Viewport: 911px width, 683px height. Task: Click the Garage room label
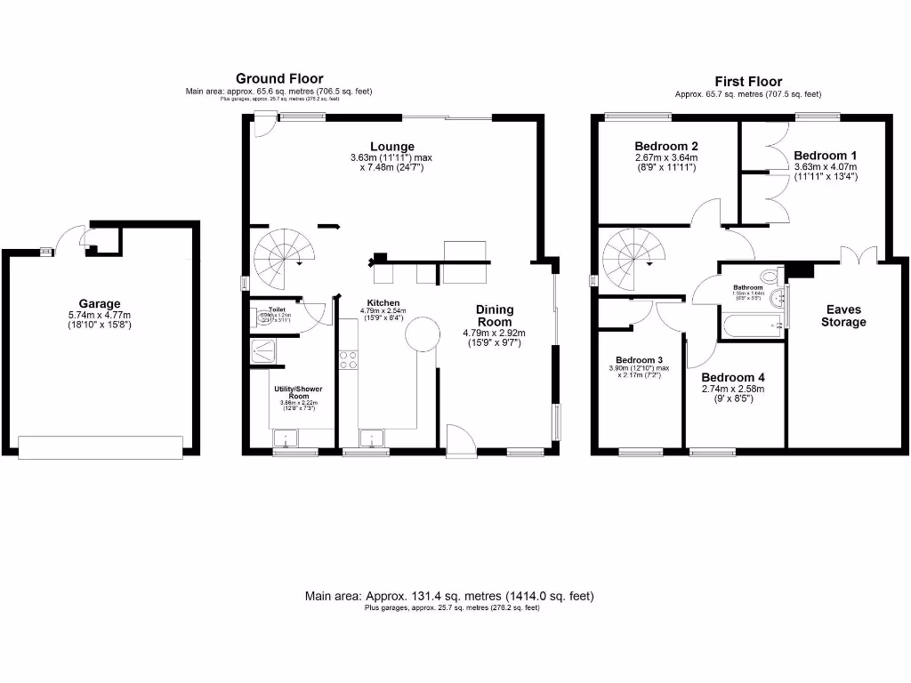click(100, 303)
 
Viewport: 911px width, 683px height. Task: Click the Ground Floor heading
click(279, 79)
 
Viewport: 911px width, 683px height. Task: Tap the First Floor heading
click(747, 80)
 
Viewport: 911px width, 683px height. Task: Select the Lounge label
click(392, 147)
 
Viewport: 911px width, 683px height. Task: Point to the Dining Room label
click(495, 316)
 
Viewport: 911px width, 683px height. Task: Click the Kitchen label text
click(383, 302)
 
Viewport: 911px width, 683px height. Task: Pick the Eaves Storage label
click(842, 316)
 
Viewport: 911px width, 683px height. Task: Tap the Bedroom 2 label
click(665, 147)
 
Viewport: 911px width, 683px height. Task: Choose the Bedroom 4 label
click(732, 376)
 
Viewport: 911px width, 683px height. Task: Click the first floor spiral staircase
click(632, 256)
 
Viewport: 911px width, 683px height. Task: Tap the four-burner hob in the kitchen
click(348, 360)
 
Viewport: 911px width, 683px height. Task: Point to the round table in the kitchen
click(422, 335)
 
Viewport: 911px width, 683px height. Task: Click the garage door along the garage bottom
click(100, 446)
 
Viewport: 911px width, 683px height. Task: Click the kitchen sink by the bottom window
click(371, 437)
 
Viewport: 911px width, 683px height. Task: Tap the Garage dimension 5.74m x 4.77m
click(100, 315)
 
